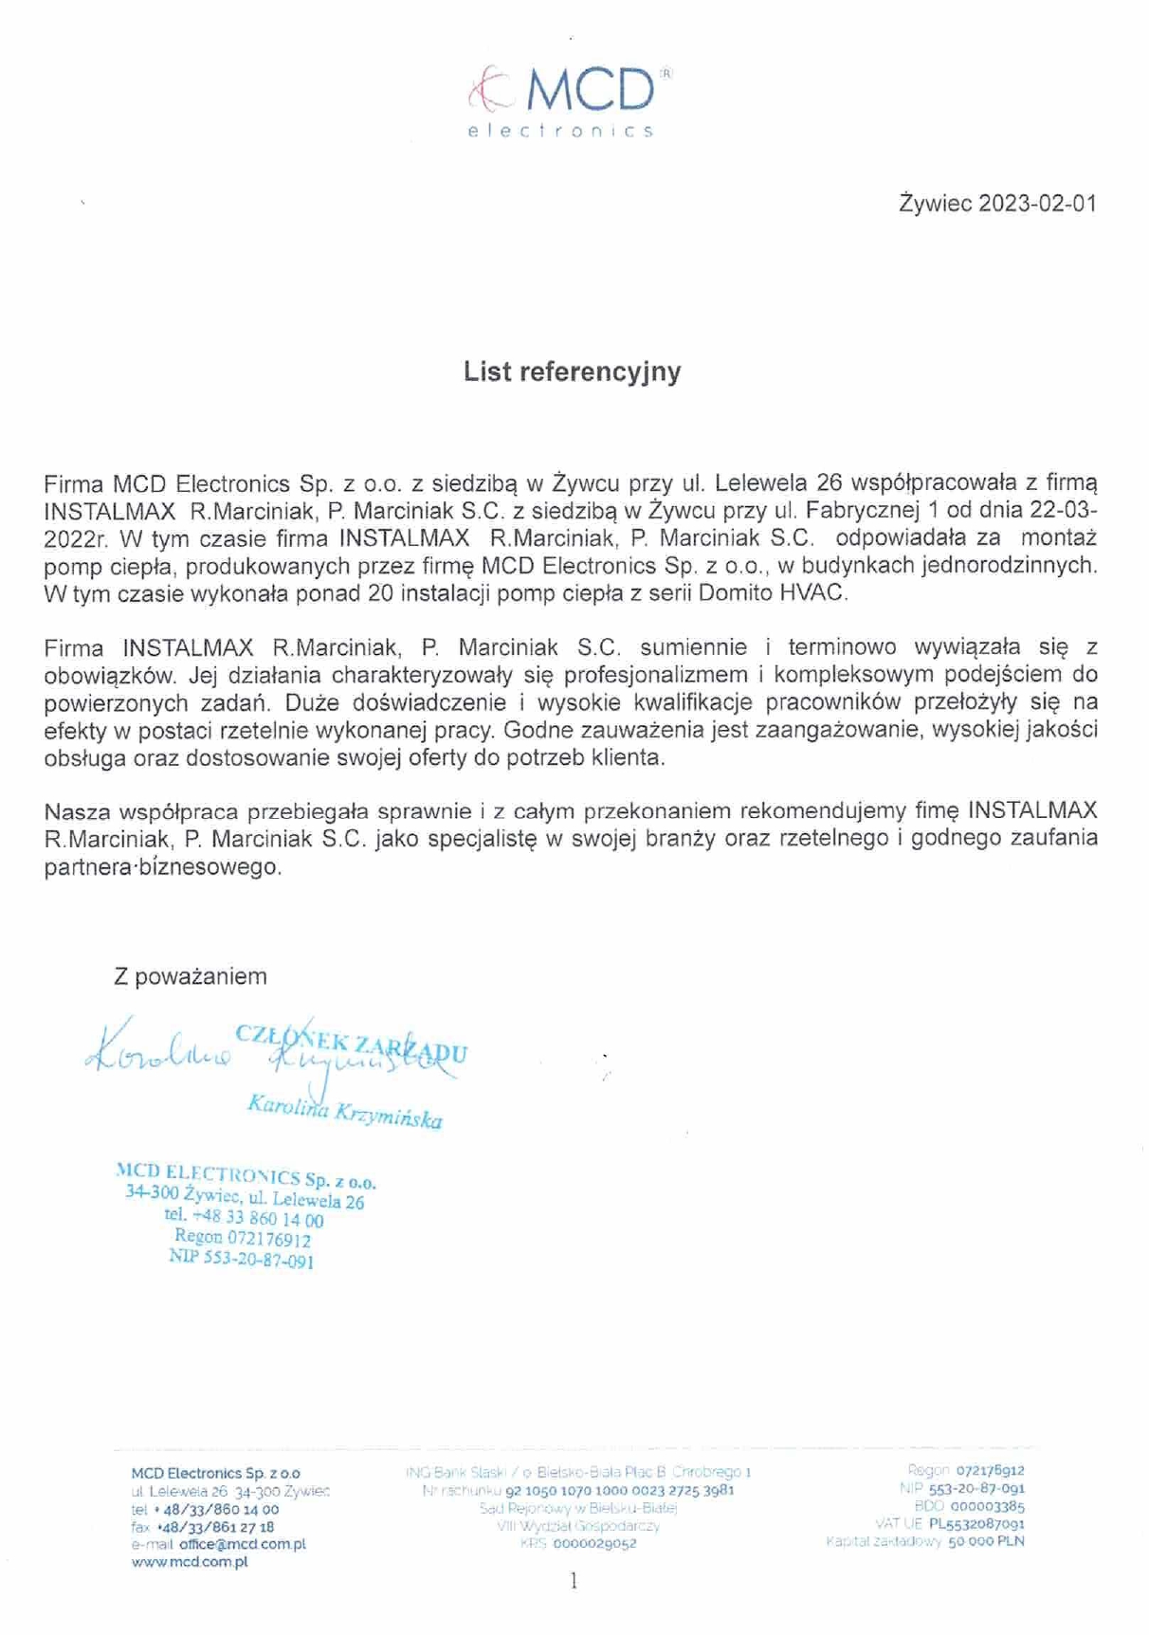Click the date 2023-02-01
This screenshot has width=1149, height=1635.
1037,204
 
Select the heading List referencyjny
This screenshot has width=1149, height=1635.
572,372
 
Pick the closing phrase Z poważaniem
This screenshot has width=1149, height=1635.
190,976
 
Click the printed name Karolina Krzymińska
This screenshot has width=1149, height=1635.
344,1111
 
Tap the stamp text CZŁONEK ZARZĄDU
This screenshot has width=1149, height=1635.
352,1043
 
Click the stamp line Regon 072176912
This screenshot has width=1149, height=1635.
242,1238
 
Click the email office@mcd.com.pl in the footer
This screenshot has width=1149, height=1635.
242,1544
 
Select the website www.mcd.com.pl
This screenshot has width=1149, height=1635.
190,1562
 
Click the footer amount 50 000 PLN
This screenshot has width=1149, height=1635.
986,1542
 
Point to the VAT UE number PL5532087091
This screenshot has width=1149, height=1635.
976,1524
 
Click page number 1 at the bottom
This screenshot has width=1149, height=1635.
574,1581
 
